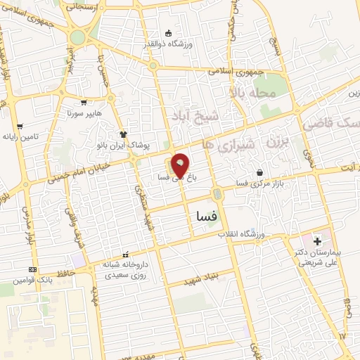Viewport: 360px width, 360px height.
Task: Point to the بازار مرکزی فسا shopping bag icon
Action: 260,172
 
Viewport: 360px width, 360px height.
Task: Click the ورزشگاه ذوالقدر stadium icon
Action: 167,33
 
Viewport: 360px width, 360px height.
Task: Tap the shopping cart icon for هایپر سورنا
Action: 84,102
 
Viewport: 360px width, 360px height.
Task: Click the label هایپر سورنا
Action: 84,112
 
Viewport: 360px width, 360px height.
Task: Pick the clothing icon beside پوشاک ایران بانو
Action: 123,134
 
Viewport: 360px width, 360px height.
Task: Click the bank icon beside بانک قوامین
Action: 32,269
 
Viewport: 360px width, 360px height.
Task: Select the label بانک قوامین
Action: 32,280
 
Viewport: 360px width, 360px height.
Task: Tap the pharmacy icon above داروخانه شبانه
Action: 126,255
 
